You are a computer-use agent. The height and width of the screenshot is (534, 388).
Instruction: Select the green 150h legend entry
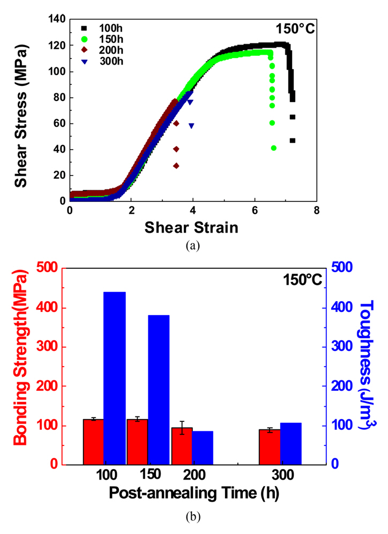click(x=107, y=37)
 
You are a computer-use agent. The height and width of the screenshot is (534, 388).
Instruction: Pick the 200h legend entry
click(x=107, y=47)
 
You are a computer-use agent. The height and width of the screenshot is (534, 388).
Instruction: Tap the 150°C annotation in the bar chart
click(x=300, y=279)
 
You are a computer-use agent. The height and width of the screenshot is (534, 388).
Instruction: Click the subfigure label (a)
click(x=193, y=246)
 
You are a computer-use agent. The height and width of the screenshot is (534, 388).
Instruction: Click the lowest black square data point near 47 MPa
click(x=293, y=141)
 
